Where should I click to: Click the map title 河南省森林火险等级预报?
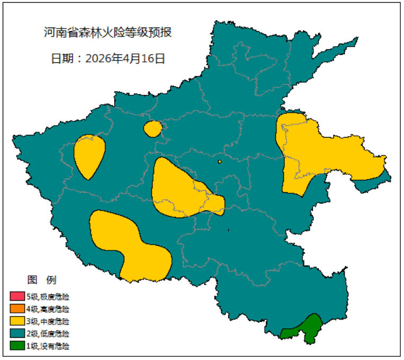coord(107,33)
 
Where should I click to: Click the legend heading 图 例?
coord(41,280)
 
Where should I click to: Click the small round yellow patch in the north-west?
coord(152,129)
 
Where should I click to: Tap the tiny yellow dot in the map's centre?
coord(219,161)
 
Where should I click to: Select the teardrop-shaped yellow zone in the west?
coord(88,155)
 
